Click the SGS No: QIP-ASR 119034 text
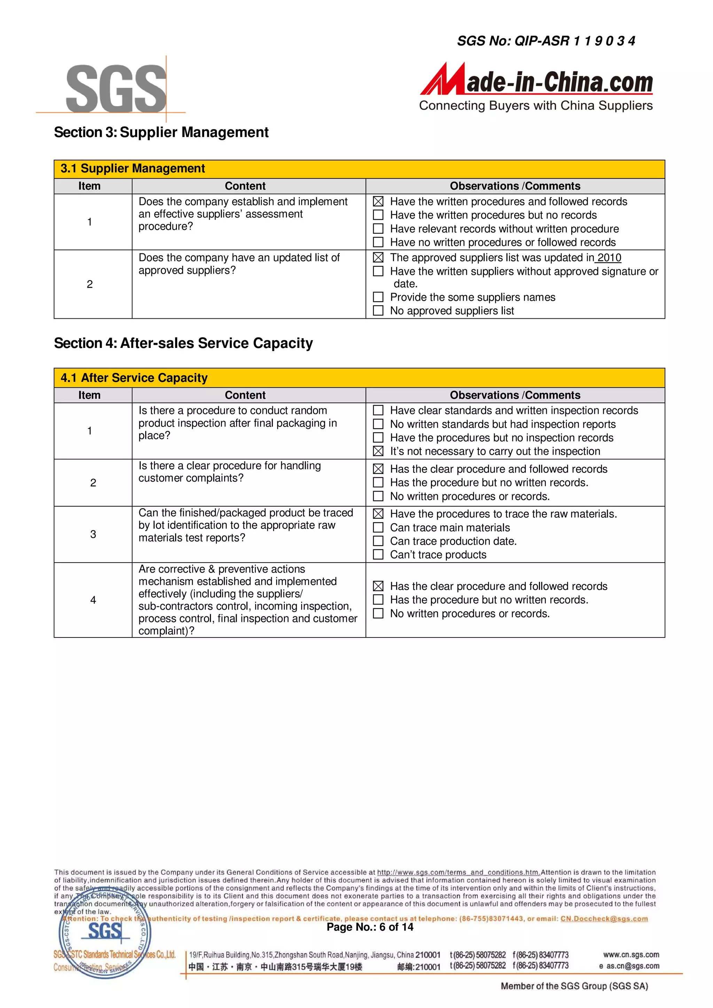546,41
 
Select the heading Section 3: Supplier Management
161,132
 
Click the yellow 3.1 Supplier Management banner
359,169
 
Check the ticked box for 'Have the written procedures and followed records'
378,201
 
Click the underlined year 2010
609,258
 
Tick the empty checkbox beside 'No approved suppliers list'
378,310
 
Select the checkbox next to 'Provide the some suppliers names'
378,297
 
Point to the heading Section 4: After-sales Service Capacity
183,343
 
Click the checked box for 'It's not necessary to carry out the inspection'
378,451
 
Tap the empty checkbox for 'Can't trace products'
378,555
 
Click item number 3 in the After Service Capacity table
93,534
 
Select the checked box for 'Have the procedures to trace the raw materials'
378,514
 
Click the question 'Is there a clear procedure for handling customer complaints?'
229,472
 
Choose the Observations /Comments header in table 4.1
515,395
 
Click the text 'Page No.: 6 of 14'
370,927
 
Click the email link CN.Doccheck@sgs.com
604,919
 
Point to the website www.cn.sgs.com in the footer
631,954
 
